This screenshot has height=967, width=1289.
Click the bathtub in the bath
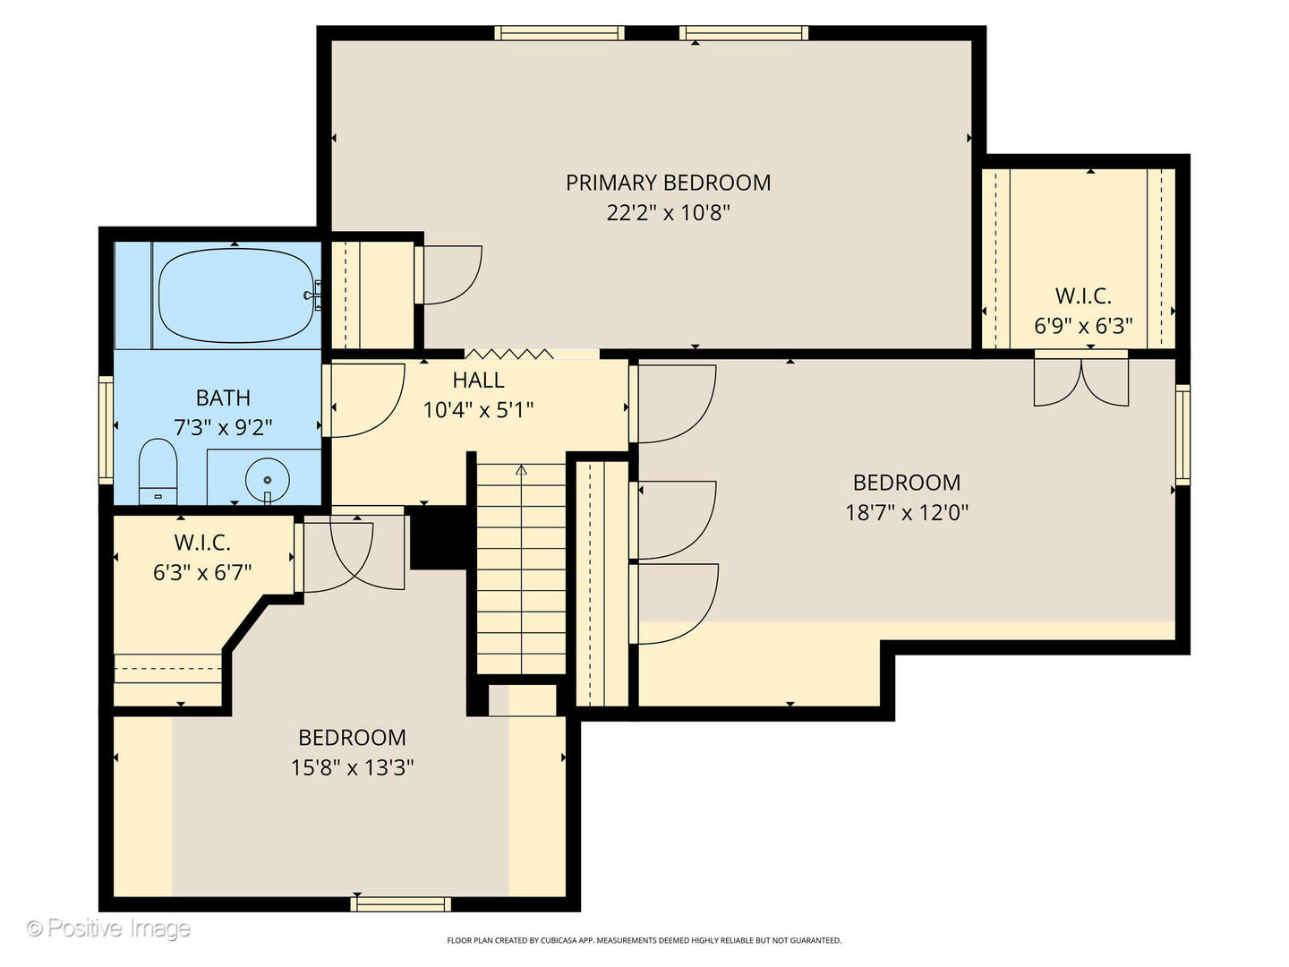(236, 295)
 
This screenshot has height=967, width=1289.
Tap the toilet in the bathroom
(158, 471)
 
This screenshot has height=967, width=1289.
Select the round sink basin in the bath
(267, 479)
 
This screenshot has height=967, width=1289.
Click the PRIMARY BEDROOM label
(668, 183)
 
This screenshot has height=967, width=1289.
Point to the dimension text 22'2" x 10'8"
(668, 212)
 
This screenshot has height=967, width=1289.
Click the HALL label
(478, 380)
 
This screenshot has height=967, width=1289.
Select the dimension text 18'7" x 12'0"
(907, 512)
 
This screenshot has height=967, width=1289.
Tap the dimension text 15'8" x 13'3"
(353, 766)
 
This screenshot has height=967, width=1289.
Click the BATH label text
(223, 398)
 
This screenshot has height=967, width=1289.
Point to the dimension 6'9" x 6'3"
(1083, 325)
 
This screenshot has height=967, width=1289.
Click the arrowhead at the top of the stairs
(521, 470)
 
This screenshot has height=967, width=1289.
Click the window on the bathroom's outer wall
(106, 431)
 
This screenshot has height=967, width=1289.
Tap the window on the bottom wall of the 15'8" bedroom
(400, 904)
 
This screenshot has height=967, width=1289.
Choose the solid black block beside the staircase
(439, 537)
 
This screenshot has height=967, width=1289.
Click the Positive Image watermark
(108, 928)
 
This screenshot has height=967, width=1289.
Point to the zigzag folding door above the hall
(509, 354)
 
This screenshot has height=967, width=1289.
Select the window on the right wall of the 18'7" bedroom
(1182, 435)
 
